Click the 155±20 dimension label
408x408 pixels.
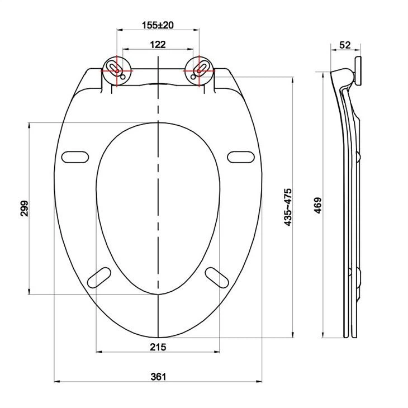click(158, 25)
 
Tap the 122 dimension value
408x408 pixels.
click(158, 44)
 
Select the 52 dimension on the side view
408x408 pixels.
click(345, 44)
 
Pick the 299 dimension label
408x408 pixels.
click(23, 208)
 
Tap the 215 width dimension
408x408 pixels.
click(158, 347)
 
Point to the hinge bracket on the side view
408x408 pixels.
click(358, 72)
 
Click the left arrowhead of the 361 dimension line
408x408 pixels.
click(56, 382)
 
